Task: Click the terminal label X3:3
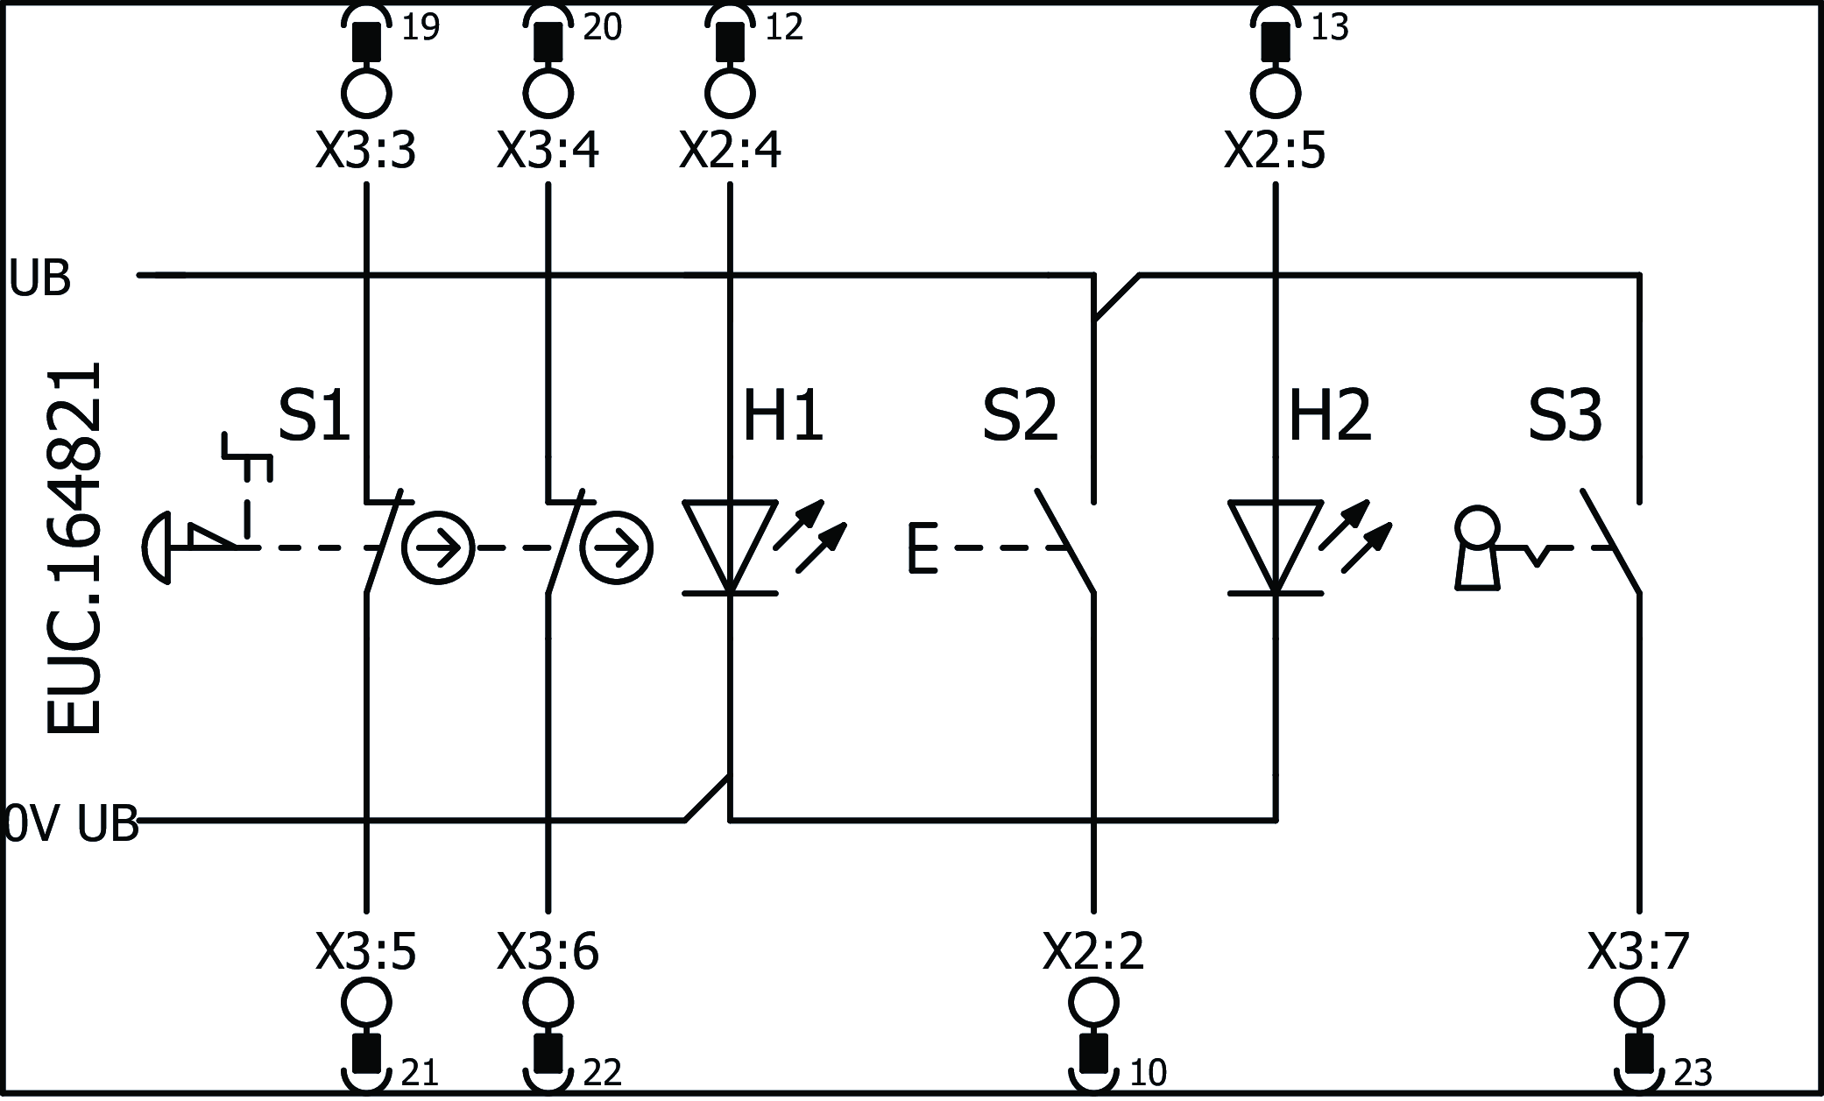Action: tap(365, 151)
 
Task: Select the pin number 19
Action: tap(420, 28)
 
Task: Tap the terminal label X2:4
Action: tap(730, 151)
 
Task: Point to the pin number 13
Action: tap(1329, 28)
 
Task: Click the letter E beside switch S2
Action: tap(922, 548)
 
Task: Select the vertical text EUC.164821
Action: tap(74, 548)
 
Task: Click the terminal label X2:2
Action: tap(1093, 952)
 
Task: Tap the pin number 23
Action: tap(1692, 1073)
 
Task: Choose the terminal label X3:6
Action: tap(548, 952)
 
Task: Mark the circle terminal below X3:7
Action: tap(1638, 1002)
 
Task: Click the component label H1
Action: tap(782, 417)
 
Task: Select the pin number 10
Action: tap(1148, 1073)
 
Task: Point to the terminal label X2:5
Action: tap(1275, 151)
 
